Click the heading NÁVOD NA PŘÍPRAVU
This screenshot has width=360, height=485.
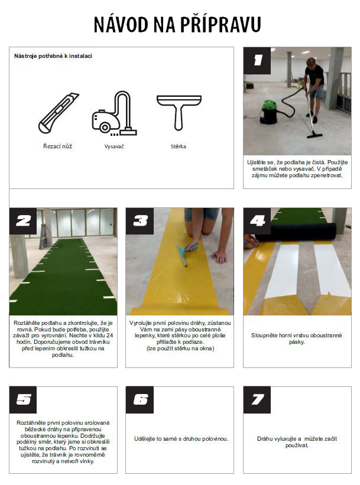click(x=177, y=24)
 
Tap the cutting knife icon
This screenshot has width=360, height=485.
click(x=59, y=113)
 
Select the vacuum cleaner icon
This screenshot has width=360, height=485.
click(x=114, y=113)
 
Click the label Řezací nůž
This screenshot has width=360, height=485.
click(x=57, y=147)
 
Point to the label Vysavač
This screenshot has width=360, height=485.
click(x=114, y=147)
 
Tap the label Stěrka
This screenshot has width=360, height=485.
click(x=179, y=147)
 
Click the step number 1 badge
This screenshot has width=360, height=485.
click(x=257, y=61)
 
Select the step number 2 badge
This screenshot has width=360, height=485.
click(x=23, y=221)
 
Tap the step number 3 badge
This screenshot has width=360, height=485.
click(x=140, y=221)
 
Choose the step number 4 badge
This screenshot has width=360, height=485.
click(x=257, y=221)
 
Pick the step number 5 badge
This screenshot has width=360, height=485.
click(x=23, y=399)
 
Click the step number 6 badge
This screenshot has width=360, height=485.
click(x=140, y=399)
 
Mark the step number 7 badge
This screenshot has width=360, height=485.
click(x=257, y=399)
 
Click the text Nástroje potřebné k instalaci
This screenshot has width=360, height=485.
click(x=53, y=56)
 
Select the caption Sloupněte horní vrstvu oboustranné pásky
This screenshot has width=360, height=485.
click(x=297, y=338)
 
